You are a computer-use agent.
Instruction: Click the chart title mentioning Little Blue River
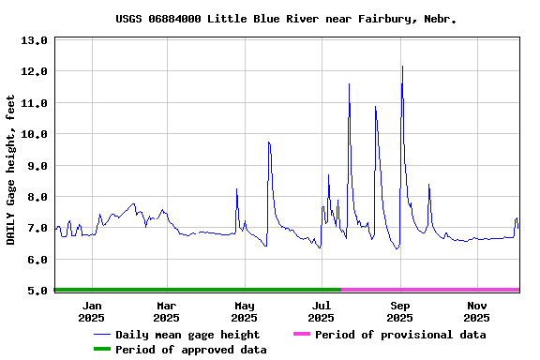pos(287,19)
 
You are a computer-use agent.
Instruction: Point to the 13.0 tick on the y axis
pos(34,40)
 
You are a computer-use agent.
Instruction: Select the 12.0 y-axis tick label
pos(34,71)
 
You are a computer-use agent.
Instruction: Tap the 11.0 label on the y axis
pos(34,103)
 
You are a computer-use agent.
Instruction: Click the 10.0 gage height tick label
pos(34,134)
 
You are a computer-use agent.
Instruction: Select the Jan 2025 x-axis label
pos(92,311)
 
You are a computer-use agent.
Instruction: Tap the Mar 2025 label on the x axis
pos(166,311)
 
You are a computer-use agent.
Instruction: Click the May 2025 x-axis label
pos(245,311)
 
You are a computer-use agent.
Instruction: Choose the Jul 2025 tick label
pos(322,311)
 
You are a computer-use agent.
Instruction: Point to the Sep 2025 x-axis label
pos(400,311)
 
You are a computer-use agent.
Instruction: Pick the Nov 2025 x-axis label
pos(477,311)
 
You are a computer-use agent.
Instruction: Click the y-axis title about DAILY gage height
pos(11,170)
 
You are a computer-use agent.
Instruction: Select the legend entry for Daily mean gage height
pos(187,335)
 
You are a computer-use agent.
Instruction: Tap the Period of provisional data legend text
pos(400,335)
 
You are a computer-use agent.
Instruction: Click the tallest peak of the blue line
pos(402,67)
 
